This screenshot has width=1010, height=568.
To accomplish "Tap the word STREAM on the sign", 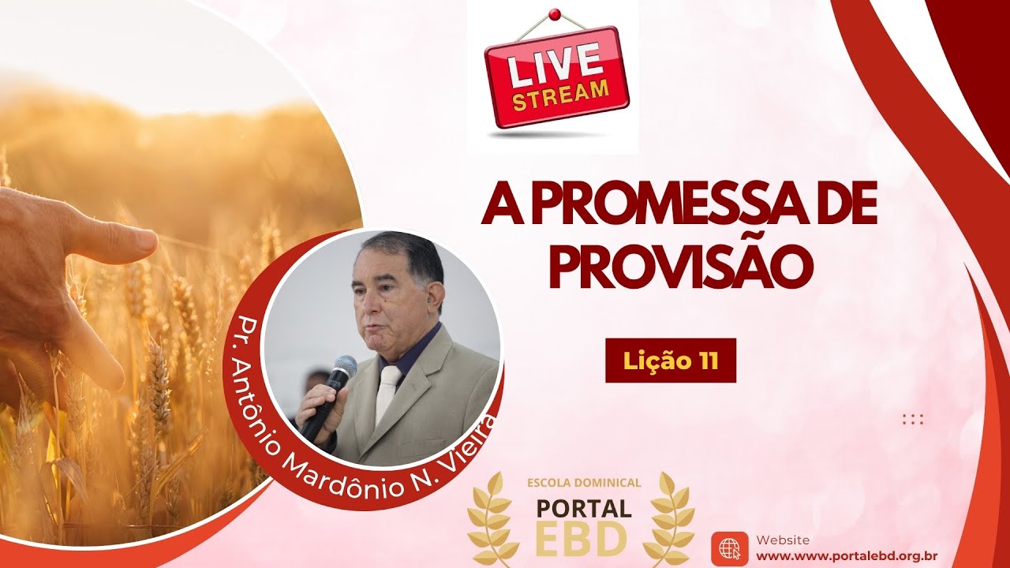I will pyautogui.click(x=561, y=93).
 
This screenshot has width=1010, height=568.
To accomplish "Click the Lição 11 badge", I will pyautogui.click(x=671, y=361).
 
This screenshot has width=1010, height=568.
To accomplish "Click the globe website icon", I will pyautogui.click(x=729, y=548).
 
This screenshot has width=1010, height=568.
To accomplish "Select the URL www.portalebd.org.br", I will pyautogui.click(x=846, y=555).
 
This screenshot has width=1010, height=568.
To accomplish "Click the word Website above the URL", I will pyautogui.click(x=782, y=540).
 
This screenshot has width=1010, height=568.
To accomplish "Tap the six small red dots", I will pyautogui.click(x=912, y=419).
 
